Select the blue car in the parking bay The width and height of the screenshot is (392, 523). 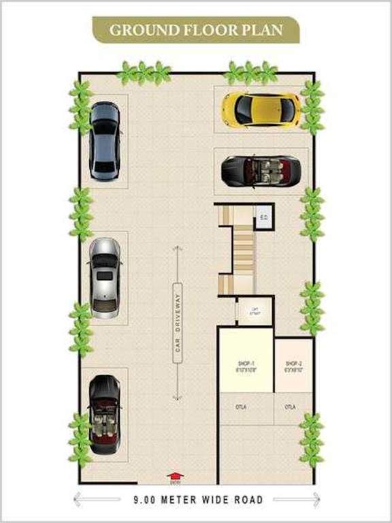click(105, 141)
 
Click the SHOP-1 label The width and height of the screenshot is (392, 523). click(246, 366)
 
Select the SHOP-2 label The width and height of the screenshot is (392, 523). click(294, 366)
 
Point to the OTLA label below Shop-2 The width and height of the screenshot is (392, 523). click(291, 407)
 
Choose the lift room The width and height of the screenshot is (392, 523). click(255, 312)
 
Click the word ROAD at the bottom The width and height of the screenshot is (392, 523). click(247, 501)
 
